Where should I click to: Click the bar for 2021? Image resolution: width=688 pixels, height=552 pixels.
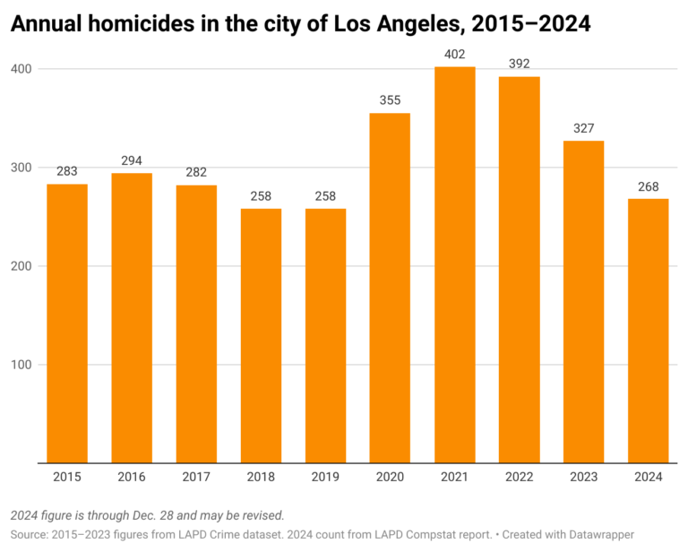(454, 264)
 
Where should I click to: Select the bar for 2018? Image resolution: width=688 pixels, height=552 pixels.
(261, 336)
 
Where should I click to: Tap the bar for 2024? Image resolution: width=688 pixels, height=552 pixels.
(648, 331)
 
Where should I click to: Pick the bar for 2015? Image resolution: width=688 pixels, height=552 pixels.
(67, 323)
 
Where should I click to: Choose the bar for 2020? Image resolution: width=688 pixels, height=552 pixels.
(390, 288)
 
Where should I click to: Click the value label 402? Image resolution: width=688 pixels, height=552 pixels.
(454, 55)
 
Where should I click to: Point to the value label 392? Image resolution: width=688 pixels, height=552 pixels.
(519, 64)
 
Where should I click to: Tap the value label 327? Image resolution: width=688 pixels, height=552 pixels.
(583, 128)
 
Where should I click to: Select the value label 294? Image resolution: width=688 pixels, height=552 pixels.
(132, 160)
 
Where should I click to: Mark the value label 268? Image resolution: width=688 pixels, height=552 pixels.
(648, 186)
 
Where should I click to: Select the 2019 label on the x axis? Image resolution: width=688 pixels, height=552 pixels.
(325, 478)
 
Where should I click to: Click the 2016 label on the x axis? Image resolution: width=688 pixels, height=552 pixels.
(132, 478)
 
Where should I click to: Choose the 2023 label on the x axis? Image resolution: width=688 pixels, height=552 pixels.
(583, 478)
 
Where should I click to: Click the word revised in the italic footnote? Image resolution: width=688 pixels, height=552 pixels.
(259, 515)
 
